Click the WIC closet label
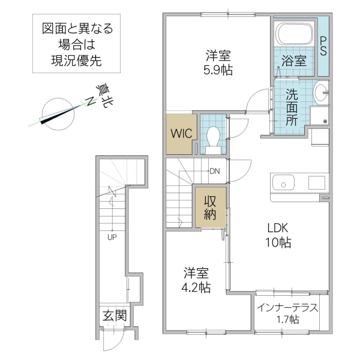point(181,133)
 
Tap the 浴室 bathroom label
point(293,61)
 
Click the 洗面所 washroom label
point(292,106)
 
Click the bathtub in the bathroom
point(293,34)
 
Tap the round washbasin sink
point(320,92)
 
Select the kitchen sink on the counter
point(281,182)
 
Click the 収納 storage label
point(209,208)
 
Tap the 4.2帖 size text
point(197,287)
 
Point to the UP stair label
point(112,236)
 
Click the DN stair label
point(214,171)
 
